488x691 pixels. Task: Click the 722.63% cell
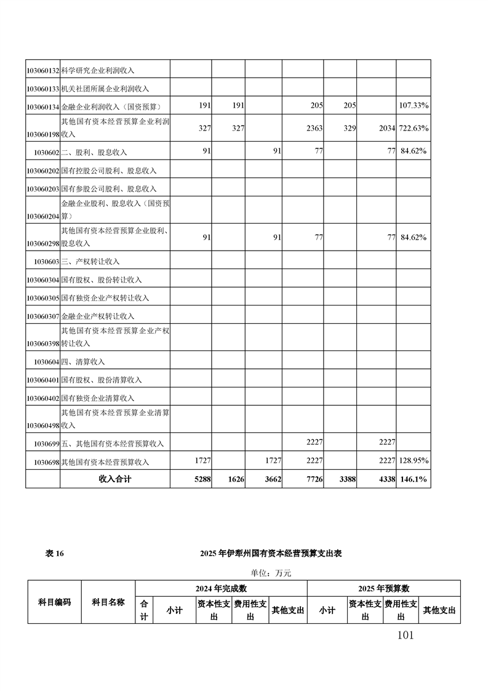(x=414, y=128)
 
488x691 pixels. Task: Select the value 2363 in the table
(x=314, y=128)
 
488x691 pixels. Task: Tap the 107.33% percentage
(x=414, y=106)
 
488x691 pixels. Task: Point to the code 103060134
(x=42, y=107)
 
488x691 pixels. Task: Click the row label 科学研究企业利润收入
(x=98, y=71)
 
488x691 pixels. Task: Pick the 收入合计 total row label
(x=115, y=479)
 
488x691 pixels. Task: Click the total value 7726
(x=314, y=479)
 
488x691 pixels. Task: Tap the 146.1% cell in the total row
(x=414, y=479)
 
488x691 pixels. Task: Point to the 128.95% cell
(x=414, y=461)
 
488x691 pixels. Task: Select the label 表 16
(x=55, y=554)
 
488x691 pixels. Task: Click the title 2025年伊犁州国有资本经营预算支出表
(x=271, y=554)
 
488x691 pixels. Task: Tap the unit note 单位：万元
(x=270, y=573)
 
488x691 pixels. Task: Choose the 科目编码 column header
(x=54, y=602)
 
